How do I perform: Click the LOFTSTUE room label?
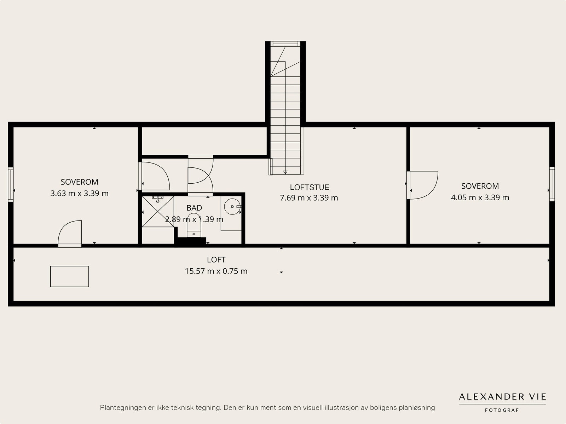tap(309, 187)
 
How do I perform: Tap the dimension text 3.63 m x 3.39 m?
tap(79, 194)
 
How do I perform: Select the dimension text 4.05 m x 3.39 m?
tap(480, 197)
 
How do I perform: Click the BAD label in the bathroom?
tap(194, 208)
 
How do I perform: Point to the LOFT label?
tap(216, 260)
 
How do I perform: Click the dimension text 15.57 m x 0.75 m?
tap(216, 271)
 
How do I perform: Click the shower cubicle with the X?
tap(158, 212)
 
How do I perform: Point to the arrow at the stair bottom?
tap(285, 172)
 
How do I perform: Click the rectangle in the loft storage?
tap(69, 276)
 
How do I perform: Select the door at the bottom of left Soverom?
tap(70, 234)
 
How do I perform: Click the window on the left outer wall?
tap(11, 185)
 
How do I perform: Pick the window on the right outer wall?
tap(552, 184)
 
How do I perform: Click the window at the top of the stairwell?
tap(285, 44)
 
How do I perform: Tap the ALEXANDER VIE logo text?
tap(502, 397)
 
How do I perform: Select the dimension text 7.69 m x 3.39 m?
tap(309, 198)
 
